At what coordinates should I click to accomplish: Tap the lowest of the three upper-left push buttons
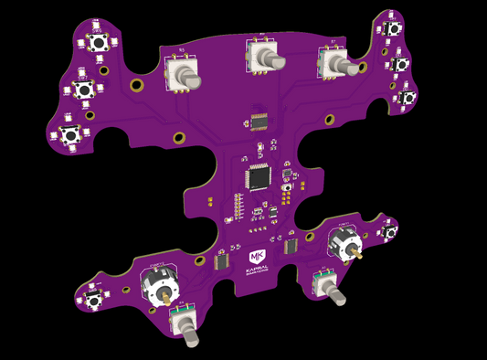pyautogui.click(x=70, y=132)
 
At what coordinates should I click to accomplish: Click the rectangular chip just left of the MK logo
pyautogui.click(x=221, y=261)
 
